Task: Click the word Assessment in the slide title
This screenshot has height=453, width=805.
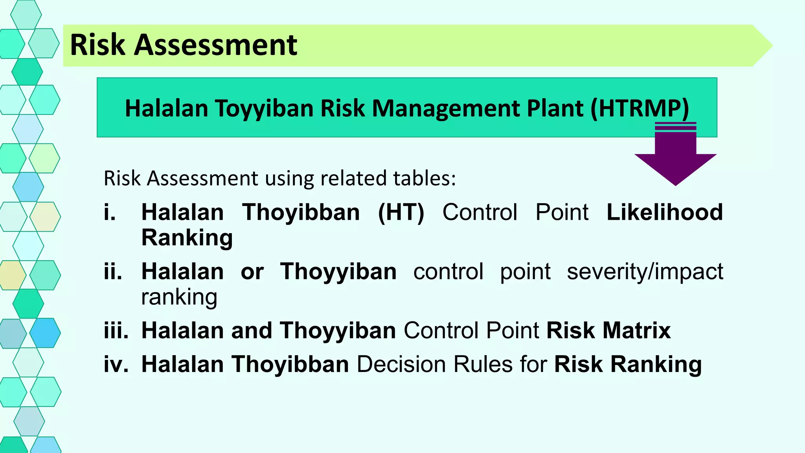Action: point(215,45)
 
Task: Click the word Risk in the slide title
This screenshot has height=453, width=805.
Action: point(97,45)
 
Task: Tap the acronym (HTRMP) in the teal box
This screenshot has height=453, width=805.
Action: point(640,108)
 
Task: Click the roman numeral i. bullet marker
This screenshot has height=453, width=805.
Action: point(110,212)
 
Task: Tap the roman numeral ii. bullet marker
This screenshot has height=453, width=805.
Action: point(113,271)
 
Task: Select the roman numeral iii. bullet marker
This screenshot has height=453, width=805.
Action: point(116,330)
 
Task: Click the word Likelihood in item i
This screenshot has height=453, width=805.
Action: point(665,212)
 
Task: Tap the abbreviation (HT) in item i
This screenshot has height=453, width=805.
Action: point(401,212)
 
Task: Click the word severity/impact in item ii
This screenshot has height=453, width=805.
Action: point(645,271)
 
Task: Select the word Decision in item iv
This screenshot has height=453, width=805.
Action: point(401,364)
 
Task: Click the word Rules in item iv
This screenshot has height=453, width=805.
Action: point(483,364)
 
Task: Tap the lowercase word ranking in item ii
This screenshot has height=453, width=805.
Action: point(179,297)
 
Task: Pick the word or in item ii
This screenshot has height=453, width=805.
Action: point(252,271)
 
